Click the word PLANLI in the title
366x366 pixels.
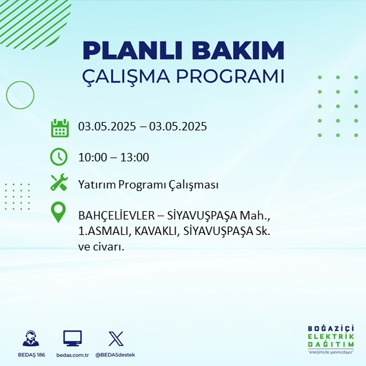click(132, 50)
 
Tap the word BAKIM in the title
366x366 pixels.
click(238, 50)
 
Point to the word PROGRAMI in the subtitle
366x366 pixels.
click(230, 76)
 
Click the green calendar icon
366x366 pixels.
click(60, 128)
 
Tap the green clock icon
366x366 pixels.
click(59, 157)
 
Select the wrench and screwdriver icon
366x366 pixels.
click(59, 182)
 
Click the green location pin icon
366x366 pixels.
click(58, 212)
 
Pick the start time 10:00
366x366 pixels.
click(92, 158)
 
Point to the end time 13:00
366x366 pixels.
click(135, 158)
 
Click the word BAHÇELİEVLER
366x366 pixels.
click(116, 216)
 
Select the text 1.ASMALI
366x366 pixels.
click(103, 232)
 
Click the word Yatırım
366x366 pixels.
click(97, 185)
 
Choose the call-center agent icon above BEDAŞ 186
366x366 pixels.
click(31, 338)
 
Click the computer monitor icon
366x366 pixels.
click(72, 338)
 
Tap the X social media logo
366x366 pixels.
click(116, 338)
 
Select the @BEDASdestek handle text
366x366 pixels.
click(115, 355)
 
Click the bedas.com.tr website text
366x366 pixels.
click(72, 355)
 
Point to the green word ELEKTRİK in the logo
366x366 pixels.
click(330, 336)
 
